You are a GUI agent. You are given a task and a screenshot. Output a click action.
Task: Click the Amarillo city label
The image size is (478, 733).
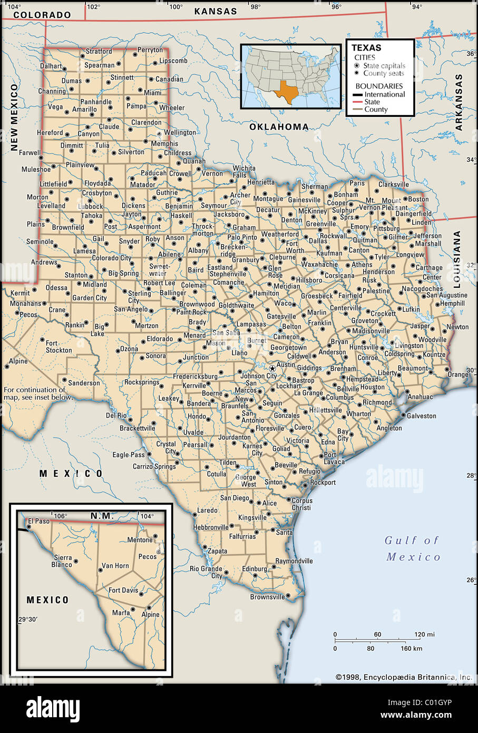[84, 110]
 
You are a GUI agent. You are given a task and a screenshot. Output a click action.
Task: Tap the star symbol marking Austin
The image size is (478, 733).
[272, 368]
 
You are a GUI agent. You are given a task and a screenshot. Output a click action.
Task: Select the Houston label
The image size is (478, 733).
[373, 387]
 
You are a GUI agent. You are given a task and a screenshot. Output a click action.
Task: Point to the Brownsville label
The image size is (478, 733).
[267, 597]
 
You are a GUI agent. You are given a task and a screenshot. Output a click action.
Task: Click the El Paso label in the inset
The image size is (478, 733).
[39, 521]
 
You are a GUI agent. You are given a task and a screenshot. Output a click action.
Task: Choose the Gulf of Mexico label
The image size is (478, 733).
[413, 548]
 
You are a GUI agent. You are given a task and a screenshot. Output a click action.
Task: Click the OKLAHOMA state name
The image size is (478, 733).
[279, 127]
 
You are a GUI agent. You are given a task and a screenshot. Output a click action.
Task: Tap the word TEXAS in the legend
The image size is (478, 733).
[366, 47]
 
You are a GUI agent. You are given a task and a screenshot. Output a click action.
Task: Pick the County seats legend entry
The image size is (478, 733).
[383, 73]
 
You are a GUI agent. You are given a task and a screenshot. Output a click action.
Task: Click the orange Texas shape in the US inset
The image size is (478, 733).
[288, 92]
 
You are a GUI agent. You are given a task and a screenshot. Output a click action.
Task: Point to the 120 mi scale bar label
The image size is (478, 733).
[424, 634]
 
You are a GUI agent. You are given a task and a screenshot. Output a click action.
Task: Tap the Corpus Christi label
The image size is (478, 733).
[301, 504]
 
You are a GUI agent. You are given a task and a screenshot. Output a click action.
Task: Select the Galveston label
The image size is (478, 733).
[422, 416]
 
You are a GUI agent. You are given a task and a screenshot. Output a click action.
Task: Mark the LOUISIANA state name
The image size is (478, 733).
[457, 258]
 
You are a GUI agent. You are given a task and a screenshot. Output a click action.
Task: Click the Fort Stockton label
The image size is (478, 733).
[58, 346]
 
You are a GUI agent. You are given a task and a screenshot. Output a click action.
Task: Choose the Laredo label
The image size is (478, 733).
[207, 510]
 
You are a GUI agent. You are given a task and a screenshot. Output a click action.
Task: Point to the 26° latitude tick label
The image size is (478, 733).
[470, 580]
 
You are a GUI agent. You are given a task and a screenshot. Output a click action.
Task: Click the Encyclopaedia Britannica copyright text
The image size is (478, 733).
[404, 677]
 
